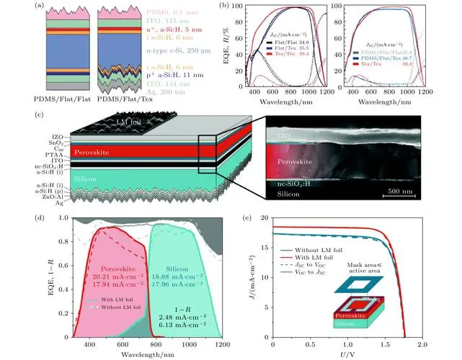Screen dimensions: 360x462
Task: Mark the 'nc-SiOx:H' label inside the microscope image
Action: pyautogui.click(x=294, y=184)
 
